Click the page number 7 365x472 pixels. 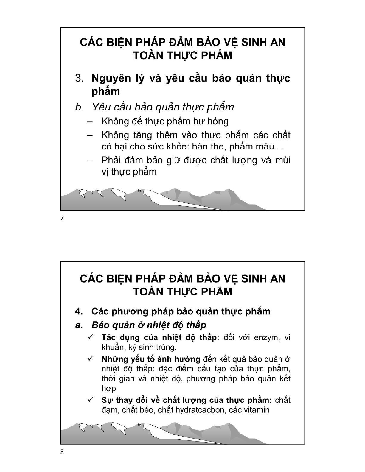point(62,218)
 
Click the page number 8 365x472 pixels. point(62,452)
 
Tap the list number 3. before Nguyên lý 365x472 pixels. point(79,79)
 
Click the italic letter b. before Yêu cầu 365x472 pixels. point(78,107)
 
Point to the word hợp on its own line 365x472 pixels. point(108,389)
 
